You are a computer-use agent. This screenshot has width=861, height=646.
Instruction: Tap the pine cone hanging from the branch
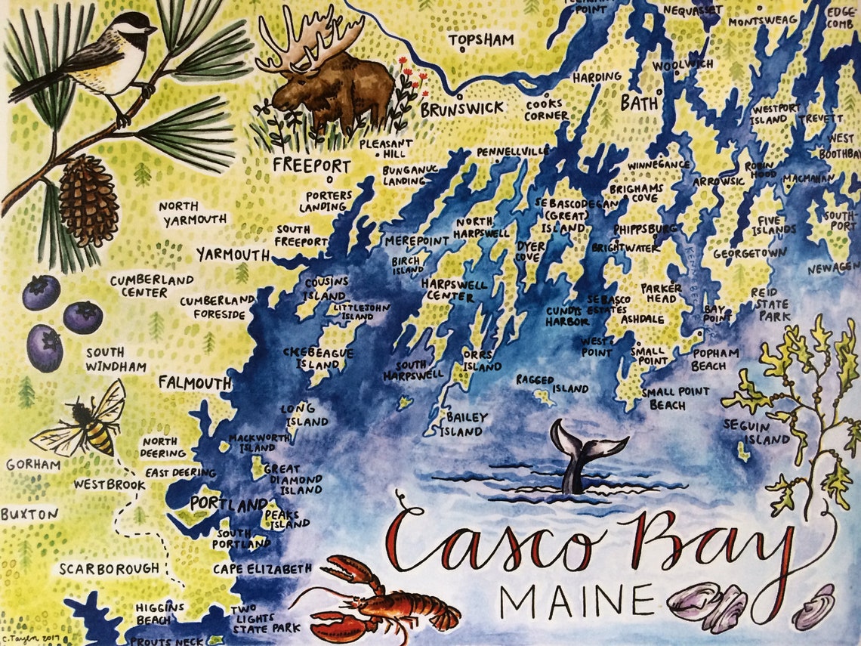tap(88, 200)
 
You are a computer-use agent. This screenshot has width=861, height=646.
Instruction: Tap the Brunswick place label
tap(461, 108)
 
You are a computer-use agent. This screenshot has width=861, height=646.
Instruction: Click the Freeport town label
tap(312, 165)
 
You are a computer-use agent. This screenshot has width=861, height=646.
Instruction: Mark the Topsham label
tap(481, 39)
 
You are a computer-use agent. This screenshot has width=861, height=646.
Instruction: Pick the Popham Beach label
tap(708, 360)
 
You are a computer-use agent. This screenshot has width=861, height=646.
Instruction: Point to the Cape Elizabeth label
tap(262, 568)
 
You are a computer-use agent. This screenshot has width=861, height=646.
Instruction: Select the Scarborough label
tap(110, 568)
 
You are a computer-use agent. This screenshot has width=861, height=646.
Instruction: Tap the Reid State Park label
tap(770, 304)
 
